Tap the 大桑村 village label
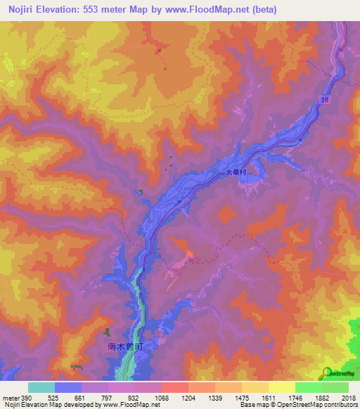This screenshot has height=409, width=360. click(x=236, y=172)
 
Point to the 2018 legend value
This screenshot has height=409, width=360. click(x=348, y=398)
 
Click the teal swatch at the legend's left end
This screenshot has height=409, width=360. click(x=41, y=387)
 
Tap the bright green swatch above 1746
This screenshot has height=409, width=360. click(x=308, y=387)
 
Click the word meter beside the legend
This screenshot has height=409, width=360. click(x=11, y=398)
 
